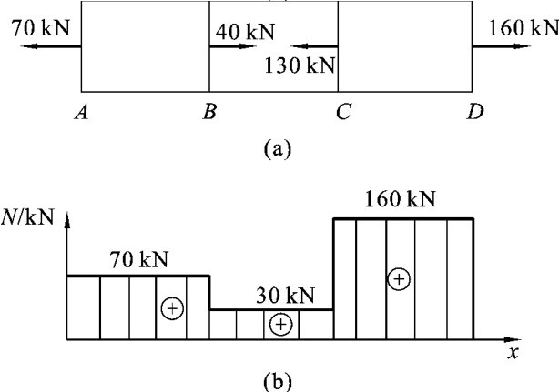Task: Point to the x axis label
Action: coord(513,354)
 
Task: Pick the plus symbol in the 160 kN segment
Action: coord(398,279)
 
